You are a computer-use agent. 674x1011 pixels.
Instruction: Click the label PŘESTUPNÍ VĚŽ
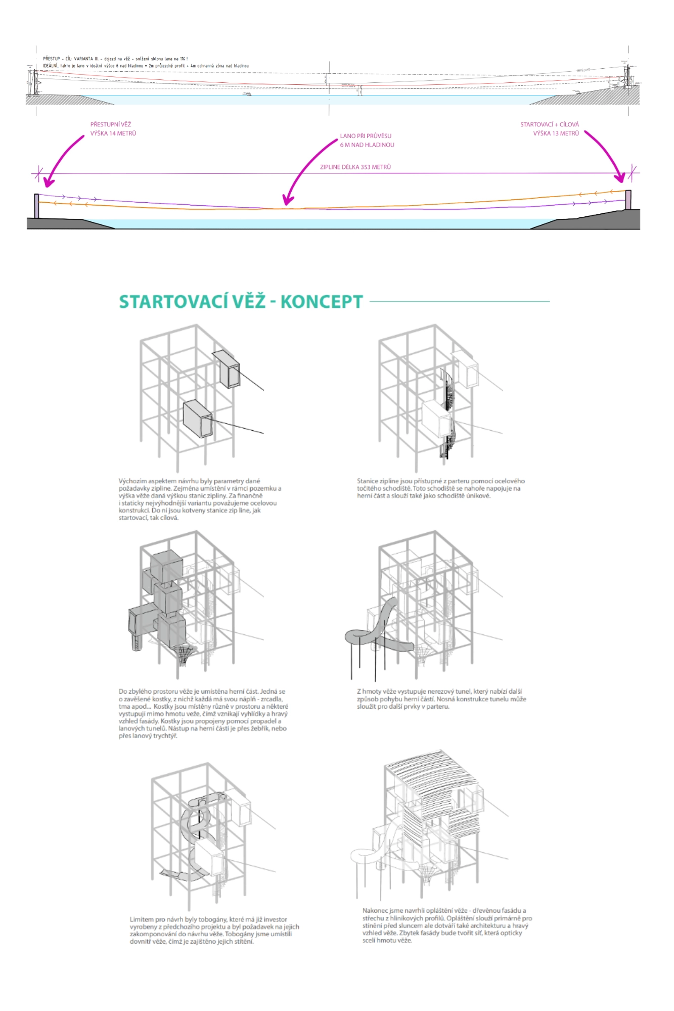(111, 124)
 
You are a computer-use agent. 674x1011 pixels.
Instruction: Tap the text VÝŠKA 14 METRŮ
(113, 133)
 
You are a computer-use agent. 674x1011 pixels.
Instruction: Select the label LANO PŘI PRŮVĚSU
(366, 136)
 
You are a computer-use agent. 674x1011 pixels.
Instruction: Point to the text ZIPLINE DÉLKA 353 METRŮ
(355, 167)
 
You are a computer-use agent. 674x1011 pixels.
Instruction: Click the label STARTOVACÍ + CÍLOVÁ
(550, 124)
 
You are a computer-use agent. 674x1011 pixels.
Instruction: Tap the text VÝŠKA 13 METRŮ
(556, 133)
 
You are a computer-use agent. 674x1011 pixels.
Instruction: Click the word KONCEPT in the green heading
(322, 302)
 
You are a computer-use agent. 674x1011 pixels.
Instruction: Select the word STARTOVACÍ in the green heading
(192, 302)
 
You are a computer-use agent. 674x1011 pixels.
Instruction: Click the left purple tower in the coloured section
(36, 206)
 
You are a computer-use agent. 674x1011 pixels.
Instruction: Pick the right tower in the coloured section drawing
(628, 199)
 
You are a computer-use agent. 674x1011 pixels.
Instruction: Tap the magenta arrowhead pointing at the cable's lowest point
(287, 201)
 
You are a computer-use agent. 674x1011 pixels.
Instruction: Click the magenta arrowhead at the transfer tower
(48, 182)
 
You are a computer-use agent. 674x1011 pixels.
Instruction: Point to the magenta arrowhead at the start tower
(620, 177)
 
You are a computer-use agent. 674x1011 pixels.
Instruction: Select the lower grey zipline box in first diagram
(197, 419)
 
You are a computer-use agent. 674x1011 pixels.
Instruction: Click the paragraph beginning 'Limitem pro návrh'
(214, 930)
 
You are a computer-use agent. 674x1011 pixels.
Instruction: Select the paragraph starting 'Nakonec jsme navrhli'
(447, 925)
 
